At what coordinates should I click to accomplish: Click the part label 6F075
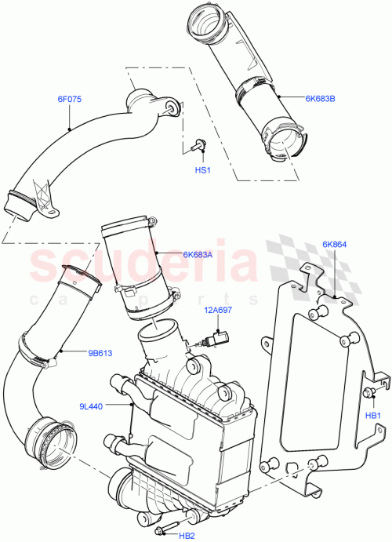pos(70,99)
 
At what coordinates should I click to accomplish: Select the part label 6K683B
pos(320,99)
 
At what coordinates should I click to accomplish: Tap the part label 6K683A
pos(198,254)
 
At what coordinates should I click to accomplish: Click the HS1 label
pos(203,169)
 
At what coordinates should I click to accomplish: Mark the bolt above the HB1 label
pos(368,392)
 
